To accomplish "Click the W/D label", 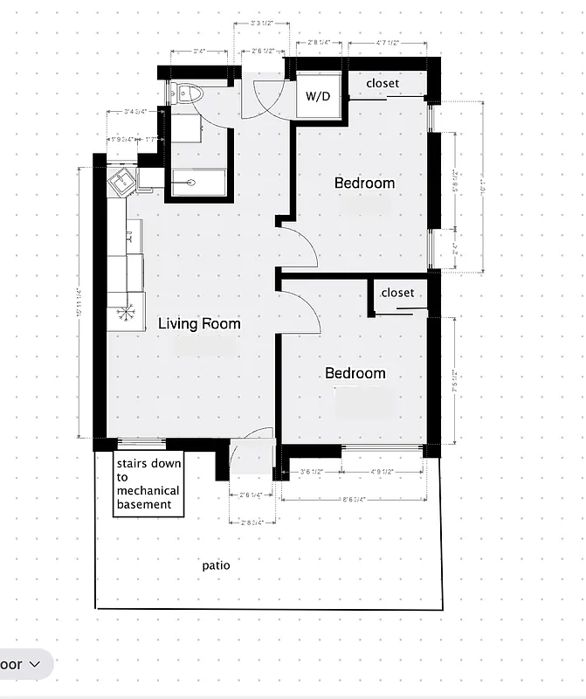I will [x=318, y=96].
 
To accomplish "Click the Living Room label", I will [x=199, y=323].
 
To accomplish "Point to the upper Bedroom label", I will [x=364, y=183].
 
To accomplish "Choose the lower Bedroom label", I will [x=355, y=373].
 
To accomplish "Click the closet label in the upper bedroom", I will [x=383, y=83].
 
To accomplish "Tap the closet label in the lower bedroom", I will [x=397, y=293].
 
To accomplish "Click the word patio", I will [x=217, y=565].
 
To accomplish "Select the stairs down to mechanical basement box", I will [x=148, y=484].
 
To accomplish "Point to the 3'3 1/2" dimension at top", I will [x=262, y=24].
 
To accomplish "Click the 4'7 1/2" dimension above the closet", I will [x=387, y=42].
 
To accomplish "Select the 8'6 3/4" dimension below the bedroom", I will [x=350, y=500].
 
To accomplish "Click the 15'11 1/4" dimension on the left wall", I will [x=80, y=302].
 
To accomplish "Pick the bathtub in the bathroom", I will [x=198, y=183].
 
